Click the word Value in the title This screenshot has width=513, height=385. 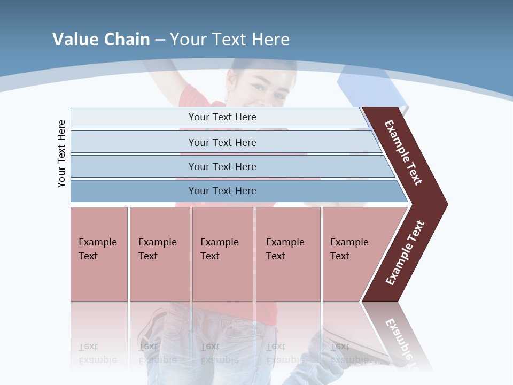[74, 40]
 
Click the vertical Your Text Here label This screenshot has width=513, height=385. [61, 153]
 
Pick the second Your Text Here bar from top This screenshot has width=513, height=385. [222, 142]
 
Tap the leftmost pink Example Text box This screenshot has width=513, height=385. [99, 254]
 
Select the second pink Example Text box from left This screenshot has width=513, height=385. [160, 254]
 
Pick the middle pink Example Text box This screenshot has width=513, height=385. [222, 254]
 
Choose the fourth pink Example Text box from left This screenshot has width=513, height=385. [288, 254]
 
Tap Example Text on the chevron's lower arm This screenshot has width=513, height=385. [405, 253]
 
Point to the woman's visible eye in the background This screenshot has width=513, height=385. [258, 87]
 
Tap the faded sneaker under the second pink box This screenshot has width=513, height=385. [152, 326]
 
